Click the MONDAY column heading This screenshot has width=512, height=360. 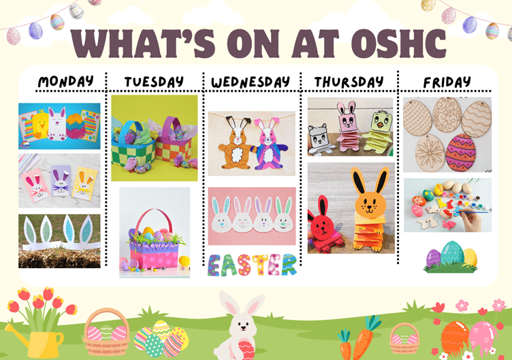pos(65,81)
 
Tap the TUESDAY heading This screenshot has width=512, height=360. pos(154,82)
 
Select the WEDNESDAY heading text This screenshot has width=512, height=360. pos(251,82)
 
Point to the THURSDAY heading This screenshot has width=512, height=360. pos(349,82)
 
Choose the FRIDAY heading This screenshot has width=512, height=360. pos(447,82)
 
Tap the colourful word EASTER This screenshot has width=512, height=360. pos(252,265)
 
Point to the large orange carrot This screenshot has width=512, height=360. pos(364,338)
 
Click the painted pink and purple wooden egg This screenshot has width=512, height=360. pos(460,152)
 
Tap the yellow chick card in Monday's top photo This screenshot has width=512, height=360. pos(41,125)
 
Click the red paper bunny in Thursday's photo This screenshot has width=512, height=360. pos(323,225)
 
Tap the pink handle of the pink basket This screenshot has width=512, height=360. pos(153,221)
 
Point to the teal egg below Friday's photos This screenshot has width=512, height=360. pos(452,252)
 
